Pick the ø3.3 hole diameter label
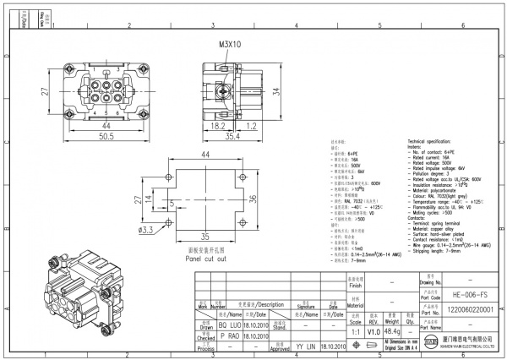145,228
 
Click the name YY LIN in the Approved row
305,346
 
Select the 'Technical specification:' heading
437,140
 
